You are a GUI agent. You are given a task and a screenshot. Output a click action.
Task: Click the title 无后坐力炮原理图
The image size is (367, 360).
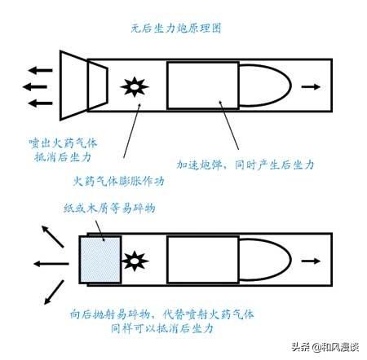pos(176,29)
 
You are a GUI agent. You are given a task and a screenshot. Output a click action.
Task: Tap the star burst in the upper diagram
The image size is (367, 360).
pos(135,87)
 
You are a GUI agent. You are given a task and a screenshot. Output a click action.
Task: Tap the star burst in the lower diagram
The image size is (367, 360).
pos(135,261)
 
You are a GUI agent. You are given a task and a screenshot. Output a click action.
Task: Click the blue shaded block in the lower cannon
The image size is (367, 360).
pos(100,260)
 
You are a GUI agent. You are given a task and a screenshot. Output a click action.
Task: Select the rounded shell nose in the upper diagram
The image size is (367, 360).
pos(290,85)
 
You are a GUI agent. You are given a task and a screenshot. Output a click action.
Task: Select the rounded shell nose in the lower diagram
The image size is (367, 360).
pos(290,260)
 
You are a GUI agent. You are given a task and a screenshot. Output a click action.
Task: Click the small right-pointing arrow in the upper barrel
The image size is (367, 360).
pos(311,87)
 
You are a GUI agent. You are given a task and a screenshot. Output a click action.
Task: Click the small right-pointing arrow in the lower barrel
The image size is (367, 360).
pos(311,261)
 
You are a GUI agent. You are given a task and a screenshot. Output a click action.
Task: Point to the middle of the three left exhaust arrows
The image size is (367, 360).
pos(35,87)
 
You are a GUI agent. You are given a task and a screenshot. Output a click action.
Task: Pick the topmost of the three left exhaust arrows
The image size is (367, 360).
pos(40,70)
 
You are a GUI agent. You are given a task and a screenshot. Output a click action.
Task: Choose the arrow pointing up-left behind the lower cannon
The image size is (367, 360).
pos(52,236)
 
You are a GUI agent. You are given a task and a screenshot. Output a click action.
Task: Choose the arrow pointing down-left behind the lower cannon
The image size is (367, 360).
pos(54,292)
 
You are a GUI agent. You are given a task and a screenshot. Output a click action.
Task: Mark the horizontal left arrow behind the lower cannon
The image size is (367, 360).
pos(51,264)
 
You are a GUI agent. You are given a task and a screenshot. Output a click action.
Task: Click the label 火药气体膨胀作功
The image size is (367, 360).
pos(119,182)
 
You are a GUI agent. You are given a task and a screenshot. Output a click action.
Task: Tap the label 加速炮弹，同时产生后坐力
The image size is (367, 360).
pos(245,165)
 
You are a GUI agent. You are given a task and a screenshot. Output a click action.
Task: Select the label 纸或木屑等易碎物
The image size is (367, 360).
pos(109,209)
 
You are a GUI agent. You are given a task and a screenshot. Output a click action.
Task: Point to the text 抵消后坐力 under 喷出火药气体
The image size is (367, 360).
pos(63,157)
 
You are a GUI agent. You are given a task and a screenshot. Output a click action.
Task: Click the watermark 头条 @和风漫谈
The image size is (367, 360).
pos(325,347)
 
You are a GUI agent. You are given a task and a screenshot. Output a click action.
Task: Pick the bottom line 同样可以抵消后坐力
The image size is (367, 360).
pos(162,329)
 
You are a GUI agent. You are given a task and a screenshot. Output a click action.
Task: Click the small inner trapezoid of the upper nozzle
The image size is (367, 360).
pos(98,86)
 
